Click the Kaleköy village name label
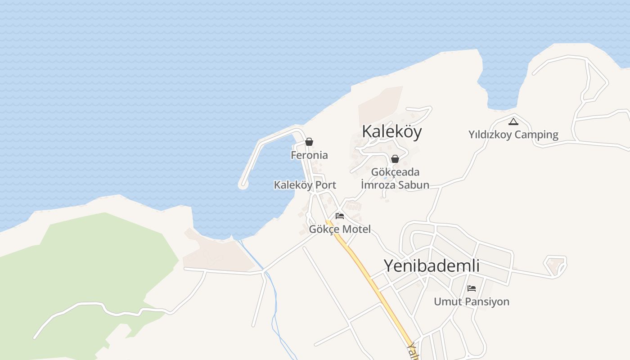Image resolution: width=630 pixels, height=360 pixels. tap(392, 131)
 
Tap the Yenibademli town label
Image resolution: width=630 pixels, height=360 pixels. tap(431, 266)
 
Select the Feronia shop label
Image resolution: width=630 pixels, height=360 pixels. tap(309, 155)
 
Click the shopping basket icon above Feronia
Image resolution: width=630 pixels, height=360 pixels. tap(309, 142)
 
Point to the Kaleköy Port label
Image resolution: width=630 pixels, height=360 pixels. tap(305, 185)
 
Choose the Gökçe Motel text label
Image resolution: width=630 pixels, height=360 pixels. tap(340, 229)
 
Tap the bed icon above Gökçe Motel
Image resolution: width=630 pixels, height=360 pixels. tap(340, 216)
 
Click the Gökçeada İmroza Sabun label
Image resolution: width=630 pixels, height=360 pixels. tap(395, 178)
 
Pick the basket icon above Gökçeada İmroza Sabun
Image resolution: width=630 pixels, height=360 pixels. tap(395, 159)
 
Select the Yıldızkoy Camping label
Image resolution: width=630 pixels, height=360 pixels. tap(513, 135)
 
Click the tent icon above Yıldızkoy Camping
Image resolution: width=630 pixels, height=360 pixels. tap(513, 121)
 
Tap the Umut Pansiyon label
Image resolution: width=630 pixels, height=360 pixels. tap(471, 301)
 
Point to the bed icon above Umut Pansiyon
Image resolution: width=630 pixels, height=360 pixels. tap(471, 288)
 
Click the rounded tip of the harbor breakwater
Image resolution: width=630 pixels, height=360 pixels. tap(243, 184)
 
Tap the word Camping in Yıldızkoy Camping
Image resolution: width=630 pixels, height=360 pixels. tap(536, 135)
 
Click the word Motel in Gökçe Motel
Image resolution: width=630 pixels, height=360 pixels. tap(356, 229)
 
